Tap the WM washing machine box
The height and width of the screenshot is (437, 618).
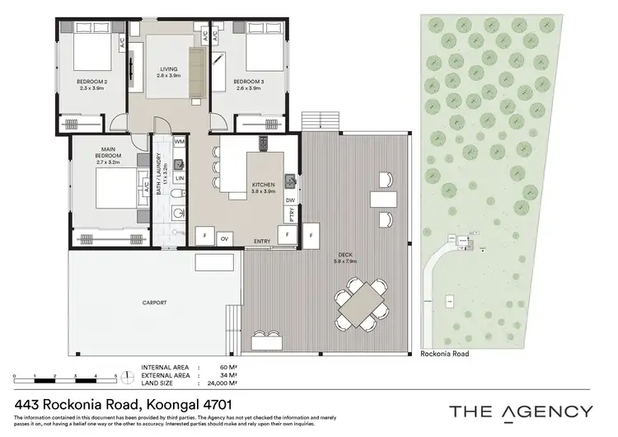[x=179, y=143]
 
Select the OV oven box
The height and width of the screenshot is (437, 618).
[x=224, y=238]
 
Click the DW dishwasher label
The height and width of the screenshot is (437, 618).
[x=290, y=200]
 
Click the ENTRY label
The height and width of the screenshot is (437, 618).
[x=262, y=241]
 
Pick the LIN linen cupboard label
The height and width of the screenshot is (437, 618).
[x=179, y=178]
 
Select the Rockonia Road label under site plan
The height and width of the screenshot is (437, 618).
[x=444, y=353]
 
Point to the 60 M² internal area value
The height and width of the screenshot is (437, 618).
[x=228, y=367]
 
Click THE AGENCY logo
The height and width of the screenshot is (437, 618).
[x=519, y=411]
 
